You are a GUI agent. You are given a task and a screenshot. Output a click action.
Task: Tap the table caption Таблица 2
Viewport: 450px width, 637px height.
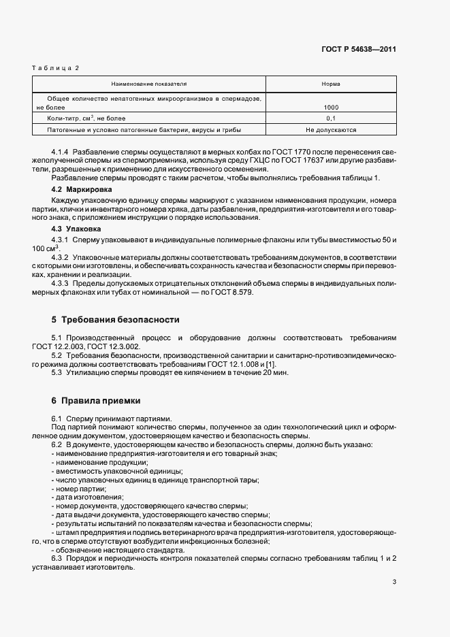(57, 68)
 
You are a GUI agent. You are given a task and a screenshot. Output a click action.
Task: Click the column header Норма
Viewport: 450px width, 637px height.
(331, 84)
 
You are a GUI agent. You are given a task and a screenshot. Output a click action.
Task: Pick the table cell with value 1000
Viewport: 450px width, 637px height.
(331, 108)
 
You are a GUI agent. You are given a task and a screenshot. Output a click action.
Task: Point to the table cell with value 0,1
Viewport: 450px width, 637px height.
(331, 118)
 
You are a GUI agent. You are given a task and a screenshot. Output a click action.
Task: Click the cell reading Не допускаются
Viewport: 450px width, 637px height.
(331, 129)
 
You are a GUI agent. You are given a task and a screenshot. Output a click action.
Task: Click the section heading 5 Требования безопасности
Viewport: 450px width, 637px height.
(116, 320)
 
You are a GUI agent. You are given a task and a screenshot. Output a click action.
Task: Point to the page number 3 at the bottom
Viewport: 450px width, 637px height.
(394, 581)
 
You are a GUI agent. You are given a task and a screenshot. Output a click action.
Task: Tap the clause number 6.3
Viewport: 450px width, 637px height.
(57, 559)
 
